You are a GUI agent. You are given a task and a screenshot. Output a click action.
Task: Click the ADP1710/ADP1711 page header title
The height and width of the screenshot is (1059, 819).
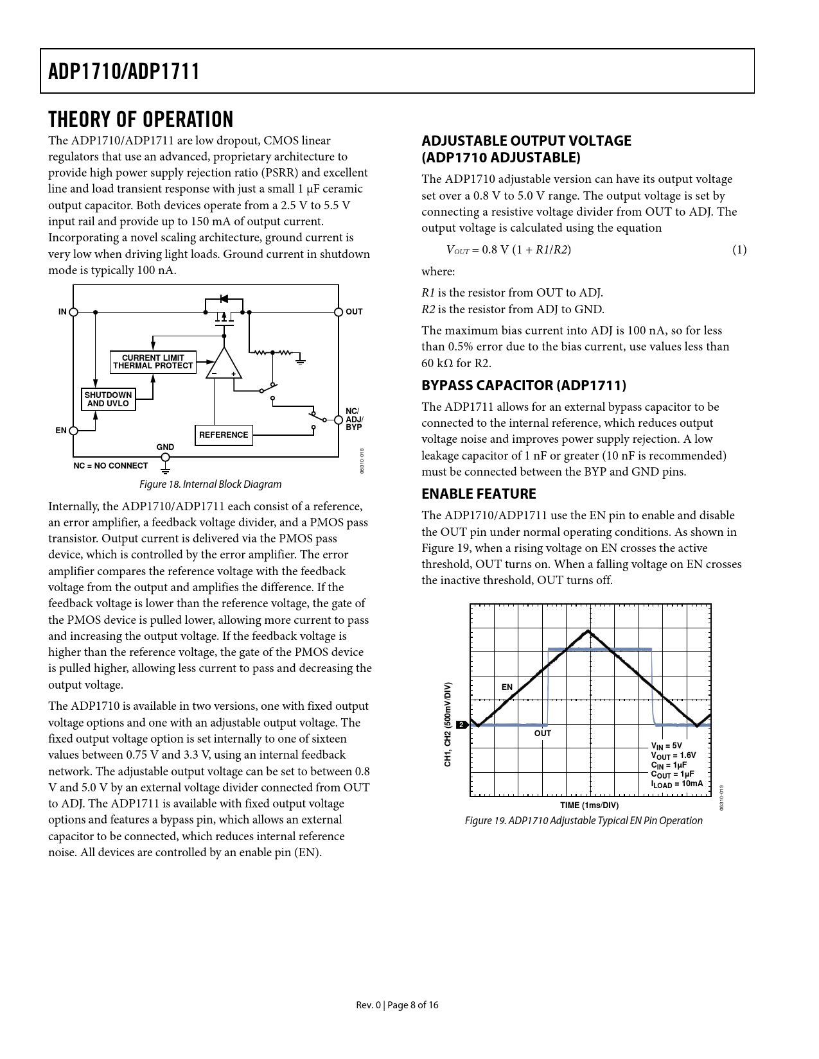click(x=124, y=71)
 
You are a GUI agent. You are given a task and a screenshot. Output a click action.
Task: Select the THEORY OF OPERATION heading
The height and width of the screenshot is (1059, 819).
click(x=141, y=119)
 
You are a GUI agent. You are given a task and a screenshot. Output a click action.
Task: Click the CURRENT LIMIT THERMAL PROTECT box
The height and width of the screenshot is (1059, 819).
click(x=153, y=362)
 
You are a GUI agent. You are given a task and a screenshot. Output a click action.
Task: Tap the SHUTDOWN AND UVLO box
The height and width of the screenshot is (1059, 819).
click(x=108, y=399)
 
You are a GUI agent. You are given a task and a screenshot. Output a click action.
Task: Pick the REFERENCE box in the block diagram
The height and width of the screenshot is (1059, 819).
click(x=224, y=435)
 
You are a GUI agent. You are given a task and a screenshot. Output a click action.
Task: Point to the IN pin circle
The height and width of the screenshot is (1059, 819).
click(x=74, y=312)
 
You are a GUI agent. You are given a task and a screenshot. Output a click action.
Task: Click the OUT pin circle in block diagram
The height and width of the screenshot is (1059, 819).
click(x=339, y=312)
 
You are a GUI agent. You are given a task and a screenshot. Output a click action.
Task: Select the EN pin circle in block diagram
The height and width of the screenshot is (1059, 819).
click(x=74, y=431)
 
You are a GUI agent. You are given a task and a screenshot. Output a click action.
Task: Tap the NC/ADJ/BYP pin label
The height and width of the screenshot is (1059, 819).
click(x=354, y=419)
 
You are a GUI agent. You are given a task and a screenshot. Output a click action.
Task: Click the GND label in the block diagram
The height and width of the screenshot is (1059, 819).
click(x=165, y=447)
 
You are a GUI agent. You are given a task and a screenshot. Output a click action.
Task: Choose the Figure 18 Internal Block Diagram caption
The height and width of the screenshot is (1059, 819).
click(x=211, y=484)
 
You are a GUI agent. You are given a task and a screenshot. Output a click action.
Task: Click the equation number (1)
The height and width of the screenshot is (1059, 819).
click(x=739, y=250)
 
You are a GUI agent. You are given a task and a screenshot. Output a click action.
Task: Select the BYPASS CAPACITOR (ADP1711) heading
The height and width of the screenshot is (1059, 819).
click(x=524, y=385)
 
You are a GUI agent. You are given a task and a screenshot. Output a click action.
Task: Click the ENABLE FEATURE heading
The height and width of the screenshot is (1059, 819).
click(x=479, y=494)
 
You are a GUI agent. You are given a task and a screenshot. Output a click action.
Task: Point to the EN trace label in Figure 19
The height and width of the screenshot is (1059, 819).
click(x=507, y=687)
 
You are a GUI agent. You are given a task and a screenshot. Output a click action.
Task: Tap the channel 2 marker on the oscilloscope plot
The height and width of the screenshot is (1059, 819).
click(x=462, y=725)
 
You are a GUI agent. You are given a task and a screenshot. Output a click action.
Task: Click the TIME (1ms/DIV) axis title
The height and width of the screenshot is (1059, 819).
click(x=589, y=805)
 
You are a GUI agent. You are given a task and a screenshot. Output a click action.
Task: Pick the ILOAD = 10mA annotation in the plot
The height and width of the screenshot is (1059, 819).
click(x=677, y=784)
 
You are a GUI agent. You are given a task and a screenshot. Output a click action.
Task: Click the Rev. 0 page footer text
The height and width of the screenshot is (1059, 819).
click(x=397, y=1004)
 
